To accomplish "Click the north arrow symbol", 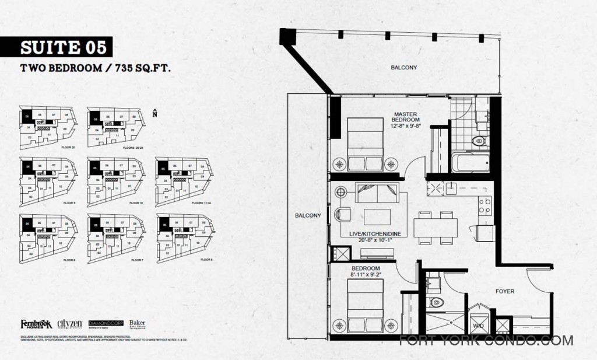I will click(x=154, y=113).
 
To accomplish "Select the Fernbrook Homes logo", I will click(x=36, y=324).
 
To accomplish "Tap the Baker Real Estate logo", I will click(x=137, y=324).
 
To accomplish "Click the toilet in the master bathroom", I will click(x=478, y=141).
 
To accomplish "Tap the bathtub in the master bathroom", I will click(x=469, y=162).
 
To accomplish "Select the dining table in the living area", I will click(x=436, y=226).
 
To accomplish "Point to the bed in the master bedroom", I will click(x=366, y=144).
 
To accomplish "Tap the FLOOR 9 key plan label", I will click(x=69, y=202).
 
